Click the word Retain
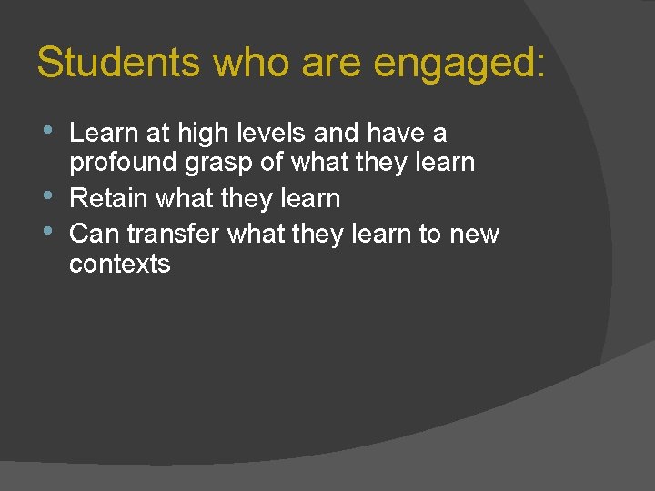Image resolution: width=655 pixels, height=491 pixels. point(108,198)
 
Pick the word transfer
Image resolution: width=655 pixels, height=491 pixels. point(174,234)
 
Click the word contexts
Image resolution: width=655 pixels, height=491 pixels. point(120,265)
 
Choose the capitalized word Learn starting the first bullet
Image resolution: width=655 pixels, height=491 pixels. point(101,134)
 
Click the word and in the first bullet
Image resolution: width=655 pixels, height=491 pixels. point(337,134)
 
